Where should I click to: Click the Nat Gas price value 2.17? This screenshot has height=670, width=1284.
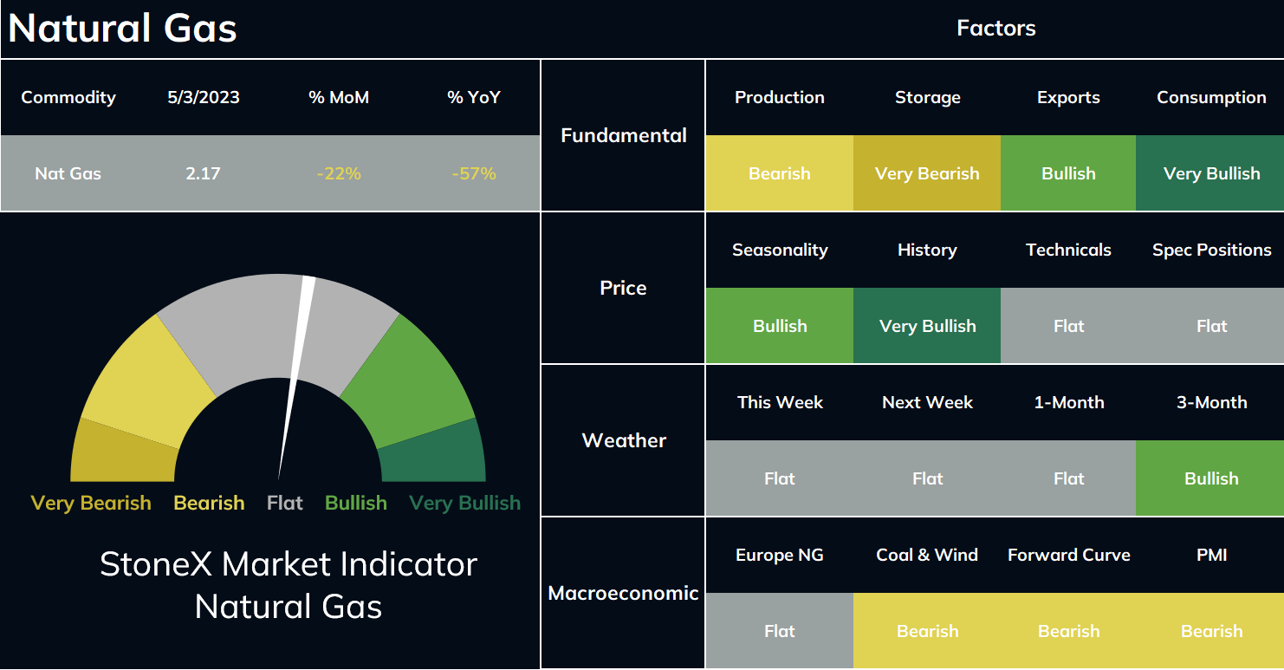203,173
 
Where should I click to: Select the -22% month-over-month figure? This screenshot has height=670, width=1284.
339,173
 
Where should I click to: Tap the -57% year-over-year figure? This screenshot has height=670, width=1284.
473,173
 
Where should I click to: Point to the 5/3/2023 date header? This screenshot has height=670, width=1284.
204,97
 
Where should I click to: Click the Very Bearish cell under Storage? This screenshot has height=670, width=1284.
927,173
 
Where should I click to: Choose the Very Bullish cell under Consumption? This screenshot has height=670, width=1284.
1210,173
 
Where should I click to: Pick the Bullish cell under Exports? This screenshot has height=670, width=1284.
1068,173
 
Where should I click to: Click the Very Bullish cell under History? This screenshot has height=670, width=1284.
927,326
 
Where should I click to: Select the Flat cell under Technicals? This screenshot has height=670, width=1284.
1068,326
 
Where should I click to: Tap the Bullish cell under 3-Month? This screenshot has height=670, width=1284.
1210,478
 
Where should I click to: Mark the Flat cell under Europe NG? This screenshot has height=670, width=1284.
780,630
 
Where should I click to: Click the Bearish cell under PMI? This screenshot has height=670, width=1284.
1210,630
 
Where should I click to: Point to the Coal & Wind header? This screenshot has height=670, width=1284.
927,555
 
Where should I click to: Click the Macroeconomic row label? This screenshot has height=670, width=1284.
623,593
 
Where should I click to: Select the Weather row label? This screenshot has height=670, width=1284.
624,440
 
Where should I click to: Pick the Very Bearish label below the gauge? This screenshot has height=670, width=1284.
91,503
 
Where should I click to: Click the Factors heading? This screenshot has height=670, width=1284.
996,28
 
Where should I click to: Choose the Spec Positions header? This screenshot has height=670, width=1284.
1212,250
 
